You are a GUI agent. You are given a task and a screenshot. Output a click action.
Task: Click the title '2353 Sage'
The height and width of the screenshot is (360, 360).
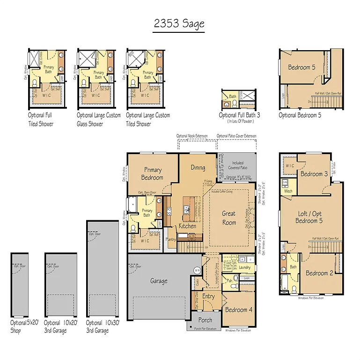[x=179, y=24]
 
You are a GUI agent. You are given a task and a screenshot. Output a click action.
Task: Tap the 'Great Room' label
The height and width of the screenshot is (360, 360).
[x=229, y=218]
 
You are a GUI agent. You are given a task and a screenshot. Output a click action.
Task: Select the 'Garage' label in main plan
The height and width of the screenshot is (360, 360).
[x=159, y=281]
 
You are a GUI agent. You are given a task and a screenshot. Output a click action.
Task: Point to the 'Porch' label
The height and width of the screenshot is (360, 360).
[x=205, y=320]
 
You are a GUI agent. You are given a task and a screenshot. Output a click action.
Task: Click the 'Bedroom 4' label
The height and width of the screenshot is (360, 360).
[x=238, y=310]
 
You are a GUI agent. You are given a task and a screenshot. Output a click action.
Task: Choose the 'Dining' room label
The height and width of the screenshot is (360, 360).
[x=198, y=167]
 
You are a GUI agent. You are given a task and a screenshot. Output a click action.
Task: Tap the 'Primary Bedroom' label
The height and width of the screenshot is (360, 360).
[x=153, y=173]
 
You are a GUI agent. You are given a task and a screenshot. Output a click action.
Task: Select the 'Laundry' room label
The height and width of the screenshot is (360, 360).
[x=244, y=268]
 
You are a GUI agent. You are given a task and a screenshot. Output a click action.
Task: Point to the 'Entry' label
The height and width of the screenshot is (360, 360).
[x=208, y=296]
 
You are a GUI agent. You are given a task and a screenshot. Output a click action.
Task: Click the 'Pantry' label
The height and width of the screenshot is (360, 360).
[x=171, y=239]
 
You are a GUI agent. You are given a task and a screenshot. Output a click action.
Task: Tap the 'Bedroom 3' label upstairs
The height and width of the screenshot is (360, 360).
[x=314, y=174]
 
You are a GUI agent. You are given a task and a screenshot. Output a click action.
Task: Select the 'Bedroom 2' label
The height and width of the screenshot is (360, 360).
[x=320, y=273]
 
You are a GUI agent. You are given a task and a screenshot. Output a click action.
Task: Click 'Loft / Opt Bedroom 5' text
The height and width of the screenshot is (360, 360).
[x=311, y=217]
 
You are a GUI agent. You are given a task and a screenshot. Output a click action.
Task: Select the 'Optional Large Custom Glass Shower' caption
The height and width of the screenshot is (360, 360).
[x=99, y=120]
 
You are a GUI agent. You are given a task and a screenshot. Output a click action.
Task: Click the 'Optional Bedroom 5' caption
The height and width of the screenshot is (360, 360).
[x=300, y=115]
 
